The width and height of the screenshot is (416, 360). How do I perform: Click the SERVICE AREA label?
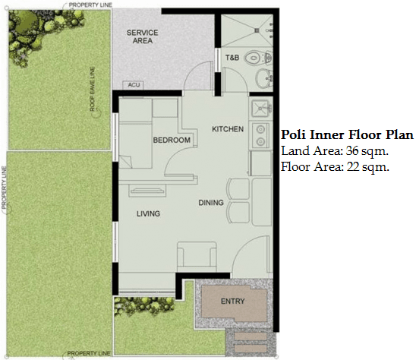point(143,36)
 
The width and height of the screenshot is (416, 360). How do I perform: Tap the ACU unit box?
point(133,85)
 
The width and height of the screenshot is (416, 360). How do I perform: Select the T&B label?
point(232,58)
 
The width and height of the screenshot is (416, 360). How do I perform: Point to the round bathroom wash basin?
point(263,78)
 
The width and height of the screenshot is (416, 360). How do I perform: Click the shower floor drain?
point(257,30)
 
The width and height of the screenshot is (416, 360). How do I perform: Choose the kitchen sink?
point(260,108)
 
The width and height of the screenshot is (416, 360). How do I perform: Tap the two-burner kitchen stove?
point(260,135)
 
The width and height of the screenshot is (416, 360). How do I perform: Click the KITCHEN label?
point(228,129)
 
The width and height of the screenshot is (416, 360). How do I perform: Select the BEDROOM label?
point(172,140)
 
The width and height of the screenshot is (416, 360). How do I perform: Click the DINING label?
point(211,203)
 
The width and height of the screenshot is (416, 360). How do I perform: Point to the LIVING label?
point(148,213)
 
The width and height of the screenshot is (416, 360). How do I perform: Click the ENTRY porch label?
point(233,302)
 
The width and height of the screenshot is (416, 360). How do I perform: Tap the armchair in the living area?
point(197,256)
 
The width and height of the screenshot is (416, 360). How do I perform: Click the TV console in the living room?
point(147,191)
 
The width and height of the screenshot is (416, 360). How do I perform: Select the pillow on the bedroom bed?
point(125,162)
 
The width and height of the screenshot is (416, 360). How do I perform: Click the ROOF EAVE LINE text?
point(93,89)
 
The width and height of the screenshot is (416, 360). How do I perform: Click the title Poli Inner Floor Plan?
point(347,134)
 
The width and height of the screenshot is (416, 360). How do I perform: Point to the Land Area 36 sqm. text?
point(335,151)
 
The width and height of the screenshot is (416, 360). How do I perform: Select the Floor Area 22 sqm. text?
point(335,167)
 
